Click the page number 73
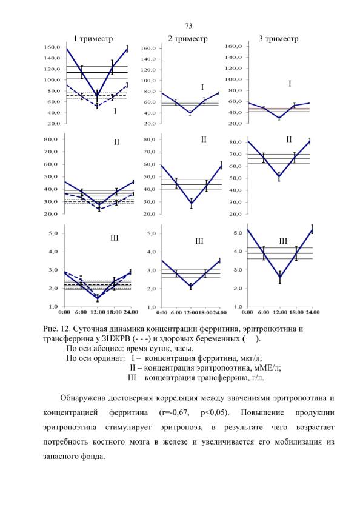coord(188,25)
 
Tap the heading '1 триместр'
coord(93,39)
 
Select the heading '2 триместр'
coord(188,39)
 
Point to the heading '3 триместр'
coord(279,39)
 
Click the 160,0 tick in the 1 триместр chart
coord(52,47)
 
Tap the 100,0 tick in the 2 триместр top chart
coord(149,81)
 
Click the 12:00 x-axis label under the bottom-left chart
coord(98,312)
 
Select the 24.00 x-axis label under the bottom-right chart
coord(312,312)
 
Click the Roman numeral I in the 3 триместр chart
coord(290,84)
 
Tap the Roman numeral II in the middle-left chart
coord(116,142)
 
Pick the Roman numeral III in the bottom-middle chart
coord(199,241)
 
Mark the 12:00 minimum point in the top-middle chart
coord(190,113)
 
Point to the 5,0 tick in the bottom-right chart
coord(238,233)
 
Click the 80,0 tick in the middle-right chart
coord(235,142)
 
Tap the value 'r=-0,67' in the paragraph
coord(174,412)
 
